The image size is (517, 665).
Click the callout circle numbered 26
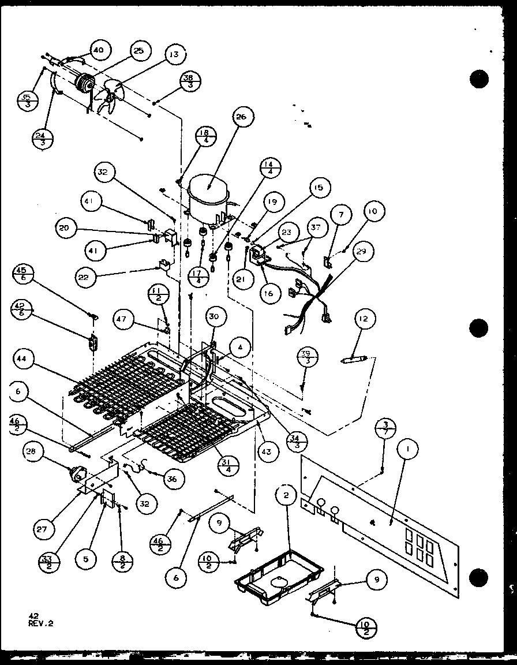point(242,117)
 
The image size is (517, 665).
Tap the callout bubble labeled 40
point(98,50)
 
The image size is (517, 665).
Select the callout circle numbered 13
point(174,55)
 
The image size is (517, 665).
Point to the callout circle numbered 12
point(366,318)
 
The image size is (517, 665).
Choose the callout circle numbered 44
point(21,359)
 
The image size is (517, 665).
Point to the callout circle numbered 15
point(319,187)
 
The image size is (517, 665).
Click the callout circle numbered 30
point(214,316)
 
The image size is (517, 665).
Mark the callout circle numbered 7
point(341,215)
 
